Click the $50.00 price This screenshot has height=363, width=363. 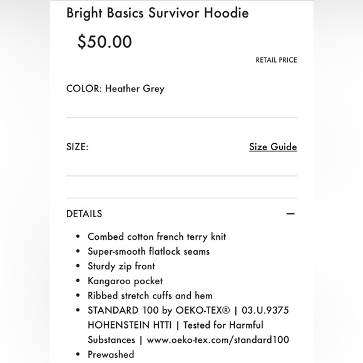tap(105, 42)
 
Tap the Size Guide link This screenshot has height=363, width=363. tap(273, 147)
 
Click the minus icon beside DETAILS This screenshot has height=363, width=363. tap(290, 213)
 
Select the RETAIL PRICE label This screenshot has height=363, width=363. tap(276, 60)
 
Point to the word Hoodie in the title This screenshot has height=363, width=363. tap(227, 13)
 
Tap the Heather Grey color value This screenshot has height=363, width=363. tap(135, 88)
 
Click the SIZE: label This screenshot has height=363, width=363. tap(78, 147)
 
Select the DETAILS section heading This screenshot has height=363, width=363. tap(84, 213)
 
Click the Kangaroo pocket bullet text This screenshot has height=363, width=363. tap(125, 281)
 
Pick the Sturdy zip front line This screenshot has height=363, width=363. tap(121, 266)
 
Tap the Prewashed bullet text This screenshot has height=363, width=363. tap(111, 354)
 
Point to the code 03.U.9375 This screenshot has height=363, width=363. tap(265, 310)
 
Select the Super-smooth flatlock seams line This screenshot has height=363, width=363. tap(148, 252)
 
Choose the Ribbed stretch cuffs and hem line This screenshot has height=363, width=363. tap(150, 295)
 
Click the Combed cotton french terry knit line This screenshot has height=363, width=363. tap(156, 237)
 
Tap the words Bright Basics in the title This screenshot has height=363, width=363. tap(105, 13)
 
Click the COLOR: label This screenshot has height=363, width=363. tap(84, 88)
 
